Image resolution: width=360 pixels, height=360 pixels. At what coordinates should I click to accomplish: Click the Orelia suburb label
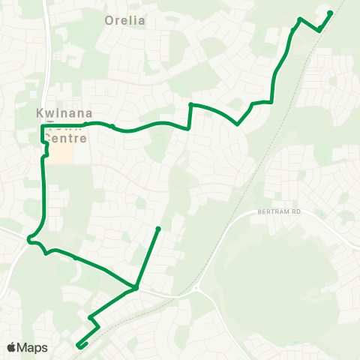point(125,20)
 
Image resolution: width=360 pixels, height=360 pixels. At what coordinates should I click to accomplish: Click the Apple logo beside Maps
point(12,347)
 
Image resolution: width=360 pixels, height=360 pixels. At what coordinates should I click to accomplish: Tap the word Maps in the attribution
point(33,347)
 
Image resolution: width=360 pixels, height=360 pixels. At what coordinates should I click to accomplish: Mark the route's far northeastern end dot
point(331,13)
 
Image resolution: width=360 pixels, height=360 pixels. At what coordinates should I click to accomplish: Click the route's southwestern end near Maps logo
point(78,346)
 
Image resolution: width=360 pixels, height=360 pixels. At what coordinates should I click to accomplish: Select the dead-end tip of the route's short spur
point(158,228)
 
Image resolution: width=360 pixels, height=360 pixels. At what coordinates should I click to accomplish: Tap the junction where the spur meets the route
point(136,287)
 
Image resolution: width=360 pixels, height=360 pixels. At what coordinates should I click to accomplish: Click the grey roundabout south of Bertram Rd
point(196,288)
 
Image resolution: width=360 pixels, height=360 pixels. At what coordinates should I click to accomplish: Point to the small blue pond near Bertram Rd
point(321,215)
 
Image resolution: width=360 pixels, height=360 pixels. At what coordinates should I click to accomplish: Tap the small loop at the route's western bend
point(30,240)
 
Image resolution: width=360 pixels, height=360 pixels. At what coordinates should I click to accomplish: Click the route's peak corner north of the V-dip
point(191,104)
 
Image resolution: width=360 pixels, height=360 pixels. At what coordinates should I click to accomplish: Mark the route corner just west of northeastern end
point(300,19)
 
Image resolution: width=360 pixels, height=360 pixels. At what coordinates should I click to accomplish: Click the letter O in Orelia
point(109,20)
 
